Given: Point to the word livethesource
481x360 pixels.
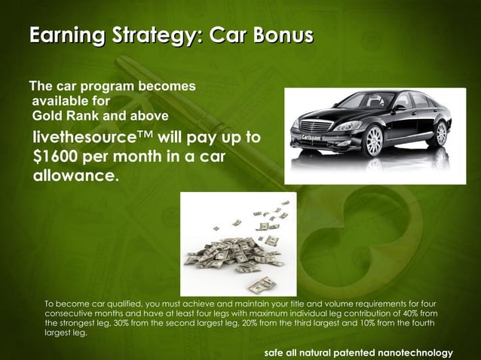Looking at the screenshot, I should point(82,139).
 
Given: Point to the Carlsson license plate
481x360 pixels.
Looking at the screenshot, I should point(311,139).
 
